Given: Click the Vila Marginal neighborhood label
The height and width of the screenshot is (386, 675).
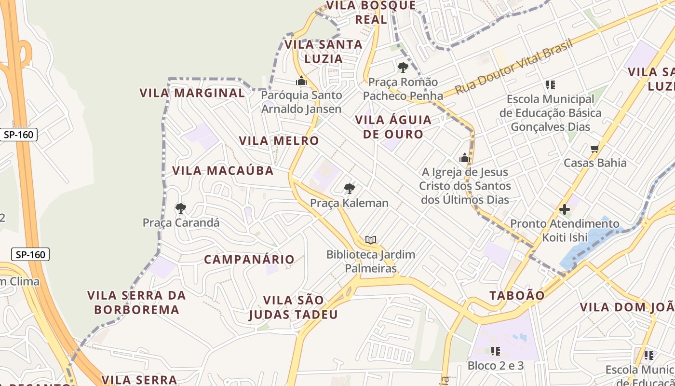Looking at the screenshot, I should (x=192, y=93).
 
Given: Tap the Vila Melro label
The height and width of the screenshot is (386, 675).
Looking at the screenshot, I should (x=279, y=141).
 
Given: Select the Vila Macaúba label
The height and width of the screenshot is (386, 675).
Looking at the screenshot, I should (x=223, y=170).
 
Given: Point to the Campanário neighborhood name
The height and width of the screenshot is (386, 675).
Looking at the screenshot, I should (x=249, y=260).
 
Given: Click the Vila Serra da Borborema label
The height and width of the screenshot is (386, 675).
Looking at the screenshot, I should (x=136, y=302).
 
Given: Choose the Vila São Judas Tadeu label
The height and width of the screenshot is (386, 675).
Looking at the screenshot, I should (x=293, y=307).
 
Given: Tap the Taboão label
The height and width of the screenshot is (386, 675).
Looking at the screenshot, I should (x=517, y=295).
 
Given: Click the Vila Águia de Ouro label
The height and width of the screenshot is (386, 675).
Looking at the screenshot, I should (x=393, y=127).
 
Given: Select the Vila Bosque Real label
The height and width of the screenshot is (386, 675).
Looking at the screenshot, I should (x=371, y=13).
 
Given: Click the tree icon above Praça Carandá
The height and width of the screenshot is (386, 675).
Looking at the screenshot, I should (x=181, y=208).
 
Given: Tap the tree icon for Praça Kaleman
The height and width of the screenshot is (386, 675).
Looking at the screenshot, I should (x=350, y=189).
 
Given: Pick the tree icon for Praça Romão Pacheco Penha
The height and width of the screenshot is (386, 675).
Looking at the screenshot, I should (x=403, y=68).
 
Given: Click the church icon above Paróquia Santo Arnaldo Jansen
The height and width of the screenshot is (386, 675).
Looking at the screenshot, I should (x=301, y=81).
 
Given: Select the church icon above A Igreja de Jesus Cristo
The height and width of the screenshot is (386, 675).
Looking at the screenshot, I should (x=465, y=158).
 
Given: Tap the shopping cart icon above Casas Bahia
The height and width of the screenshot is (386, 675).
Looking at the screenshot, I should (x=595, y=149).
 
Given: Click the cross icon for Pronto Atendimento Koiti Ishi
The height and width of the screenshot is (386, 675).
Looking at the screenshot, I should (x=564, y=210).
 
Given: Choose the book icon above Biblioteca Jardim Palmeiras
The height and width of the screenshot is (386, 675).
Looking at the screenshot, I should (x=370, y=240).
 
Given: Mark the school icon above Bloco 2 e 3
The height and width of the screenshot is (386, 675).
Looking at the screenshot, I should (x=495, y=351).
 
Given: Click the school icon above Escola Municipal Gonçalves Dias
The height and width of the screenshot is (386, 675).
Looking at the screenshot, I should (x=550, y=85).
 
